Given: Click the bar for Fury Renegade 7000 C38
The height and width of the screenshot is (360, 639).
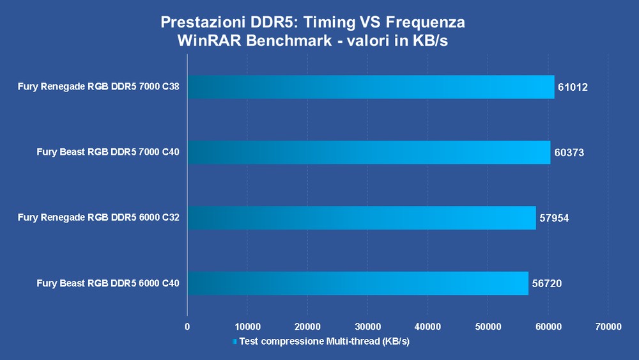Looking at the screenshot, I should [x=371, y=87].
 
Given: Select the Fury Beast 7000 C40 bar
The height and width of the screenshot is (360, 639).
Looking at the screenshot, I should [x=369, y=152].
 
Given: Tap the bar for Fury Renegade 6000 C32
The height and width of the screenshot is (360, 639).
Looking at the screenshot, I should [x=361, y=217].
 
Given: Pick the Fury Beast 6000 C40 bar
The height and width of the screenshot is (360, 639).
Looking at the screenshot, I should [x=358, y=283].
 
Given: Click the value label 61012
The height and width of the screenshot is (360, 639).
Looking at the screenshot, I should [x=573, y=87].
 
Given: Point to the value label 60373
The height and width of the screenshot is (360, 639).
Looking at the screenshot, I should [x=569, y=152].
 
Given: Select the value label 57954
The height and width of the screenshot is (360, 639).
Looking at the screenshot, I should [x=554, y=218].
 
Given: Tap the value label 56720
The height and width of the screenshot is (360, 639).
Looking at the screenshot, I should [x=547, y=283].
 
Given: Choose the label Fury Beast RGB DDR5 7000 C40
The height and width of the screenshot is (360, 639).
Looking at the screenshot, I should [x=108, y=152].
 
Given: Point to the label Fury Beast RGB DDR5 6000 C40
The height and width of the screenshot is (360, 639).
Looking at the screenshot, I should [x=108, y=283].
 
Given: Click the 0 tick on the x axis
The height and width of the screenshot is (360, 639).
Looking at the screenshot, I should [x=187, y=327].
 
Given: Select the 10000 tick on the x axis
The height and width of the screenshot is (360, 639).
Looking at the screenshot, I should [x=247, y=327].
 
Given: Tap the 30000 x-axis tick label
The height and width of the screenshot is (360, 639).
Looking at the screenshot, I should [x=367, y=327].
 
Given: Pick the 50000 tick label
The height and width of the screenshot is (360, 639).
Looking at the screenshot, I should [x=488, y=327].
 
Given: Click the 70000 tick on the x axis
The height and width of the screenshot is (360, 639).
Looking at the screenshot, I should [x=608, y=327].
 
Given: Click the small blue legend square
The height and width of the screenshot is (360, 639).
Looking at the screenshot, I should [x=235, y=342].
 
